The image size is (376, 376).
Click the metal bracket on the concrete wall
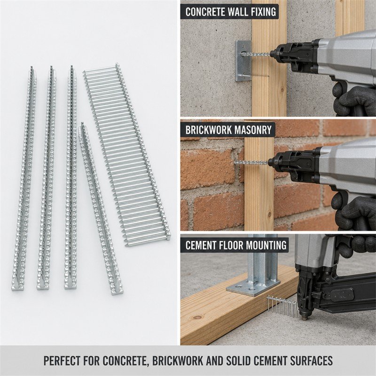(243, 61)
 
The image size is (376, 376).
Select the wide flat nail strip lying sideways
(127, 155)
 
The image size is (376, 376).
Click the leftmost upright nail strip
(24, 179)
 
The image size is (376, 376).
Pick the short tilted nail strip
(101, 209)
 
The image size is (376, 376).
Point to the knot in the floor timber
(197, 317)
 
